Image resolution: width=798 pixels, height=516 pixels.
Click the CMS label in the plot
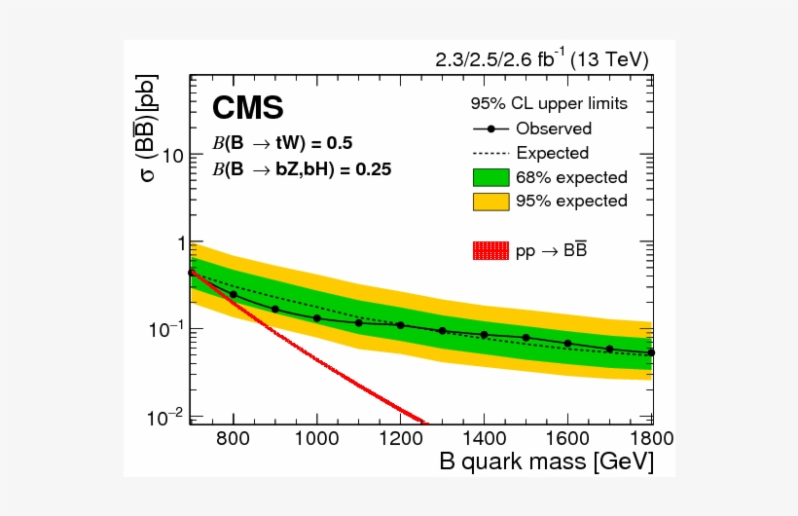pyautogui.click(x=248, y=107)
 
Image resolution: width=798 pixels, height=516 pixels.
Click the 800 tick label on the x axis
pyautogui.click(x=234, y=438)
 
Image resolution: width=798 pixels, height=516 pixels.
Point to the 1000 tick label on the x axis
pyautogui.click(x=317, y=438)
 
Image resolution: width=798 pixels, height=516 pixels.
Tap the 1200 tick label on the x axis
pyautogui.click(x=401, y=438)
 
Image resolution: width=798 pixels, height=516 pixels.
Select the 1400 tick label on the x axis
pyautogui.click(x=485, y=438)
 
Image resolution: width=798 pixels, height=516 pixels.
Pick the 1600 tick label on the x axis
pyautogui.click(x=568, y=438)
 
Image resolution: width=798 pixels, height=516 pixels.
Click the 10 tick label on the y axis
pyautogui.click(x=174, y=155)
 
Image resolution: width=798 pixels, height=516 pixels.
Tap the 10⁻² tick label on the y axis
pyautogui.click(x=169, y=417)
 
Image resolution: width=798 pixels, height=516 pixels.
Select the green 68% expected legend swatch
pyautogui.click(x=490, y=177)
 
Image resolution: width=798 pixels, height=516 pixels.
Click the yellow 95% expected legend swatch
pyautogui.click(x=490, y=202)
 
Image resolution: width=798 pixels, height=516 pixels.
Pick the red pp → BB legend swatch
pyautogui.click(x=490, y=250)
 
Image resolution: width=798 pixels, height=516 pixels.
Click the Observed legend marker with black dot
pyautogui.click(x=490, y=129)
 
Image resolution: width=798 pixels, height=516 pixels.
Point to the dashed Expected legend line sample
pyautogui.click(x=490, y=153)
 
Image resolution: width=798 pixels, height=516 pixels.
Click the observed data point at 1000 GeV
pyautogui.click(x=317, y=318)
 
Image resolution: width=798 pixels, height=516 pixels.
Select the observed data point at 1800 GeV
pyautogui.click(x=651, y=352)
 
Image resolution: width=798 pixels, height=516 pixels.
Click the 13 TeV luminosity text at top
pyautogui.click(x=542, y=60)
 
